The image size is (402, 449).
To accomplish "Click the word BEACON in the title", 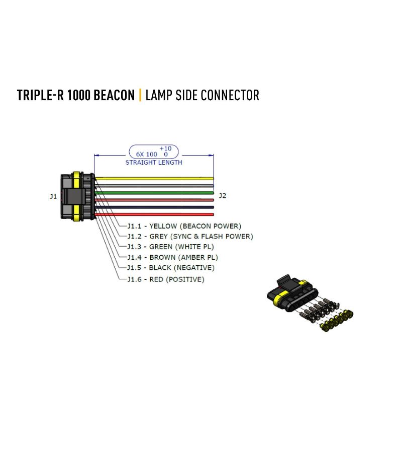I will (x=114, y=95).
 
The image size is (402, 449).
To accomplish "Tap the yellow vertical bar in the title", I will (x=140, y=95).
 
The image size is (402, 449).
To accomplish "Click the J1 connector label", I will (x=53, y=196).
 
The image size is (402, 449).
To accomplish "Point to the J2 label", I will (x=223, y=195).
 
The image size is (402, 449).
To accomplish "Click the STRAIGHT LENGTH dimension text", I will (x=154, y=163).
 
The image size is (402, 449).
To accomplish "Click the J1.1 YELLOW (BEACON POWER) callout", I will (x=184, y=226).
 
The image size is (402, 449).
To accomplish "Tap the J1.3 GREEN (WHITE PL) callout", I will (x=170, y=247).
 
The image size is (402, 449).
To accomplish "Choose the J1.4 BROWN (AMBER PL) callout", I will (x=172, y=257).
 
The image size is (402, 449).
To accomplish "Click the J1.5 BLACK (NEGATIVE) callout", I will (x=170, y=268).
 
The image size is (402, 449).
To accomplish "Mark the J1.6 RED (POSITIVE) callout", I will (x=166, y=279).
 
